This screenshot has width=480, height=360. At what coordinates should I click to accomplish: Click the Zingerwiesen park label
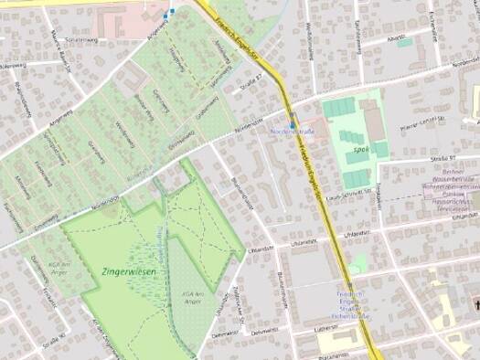click(x=123, y=272)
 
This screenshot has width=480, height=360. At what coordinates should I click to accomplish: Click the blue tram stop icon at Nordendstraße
click(x=292, y=124)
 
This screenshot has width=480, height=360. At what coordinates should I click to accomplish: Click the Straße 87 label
click(x=251, y=82)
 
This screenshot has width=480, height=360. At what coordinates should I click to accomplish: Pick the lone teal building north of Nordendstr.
click(x=404, y=42)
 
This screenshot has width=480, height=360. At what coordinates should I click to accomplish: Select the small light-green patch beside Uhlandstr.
click(x=357, y=263)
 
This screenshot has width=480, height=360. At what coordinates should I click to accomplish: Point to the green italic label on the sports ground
click(x=347, y=147)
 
